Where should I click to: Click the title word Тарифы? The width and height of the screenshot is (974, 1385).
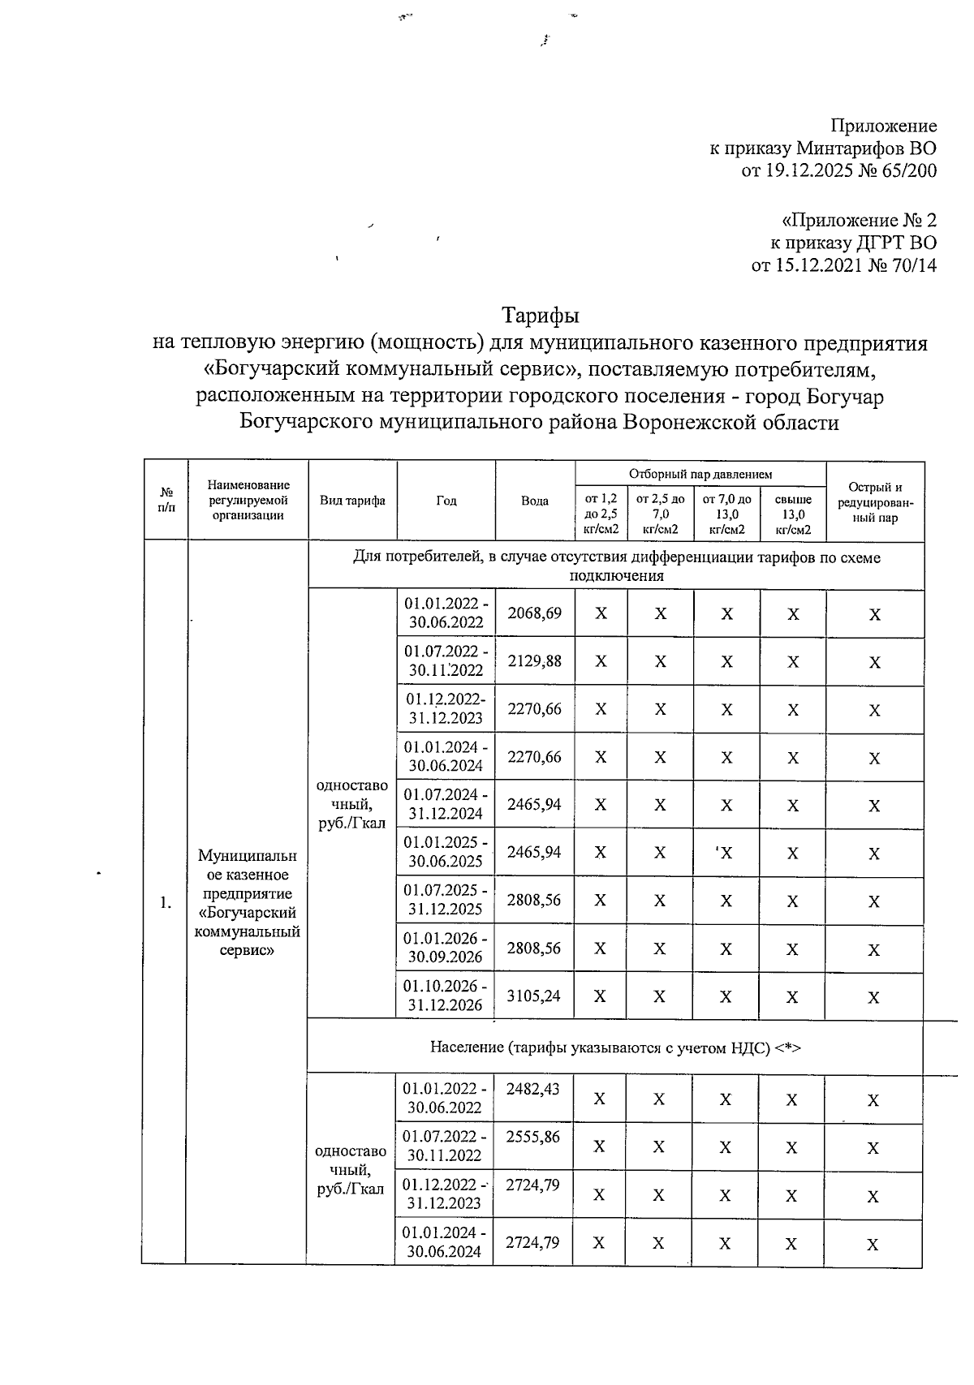pos(540,313)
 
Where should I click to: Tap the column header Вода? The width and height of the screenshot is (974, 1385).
pos(535,501)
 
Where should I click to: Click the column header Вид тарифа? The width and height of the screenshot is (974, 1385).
pos(352,501)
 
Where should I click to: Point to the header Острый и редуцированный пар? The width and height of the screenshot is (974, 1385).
pos(874,501)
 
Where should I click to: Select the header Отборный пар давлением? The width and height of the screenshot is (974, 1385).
pos(700,474)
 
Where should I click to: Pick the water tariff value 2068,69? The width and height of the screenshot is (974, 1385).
pos(534,613)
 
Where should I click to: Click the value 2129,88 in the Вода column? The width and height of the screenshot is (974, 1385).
pos(534,661)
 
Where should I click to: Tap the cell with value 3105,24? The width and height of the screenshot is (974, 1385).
pos(534,996)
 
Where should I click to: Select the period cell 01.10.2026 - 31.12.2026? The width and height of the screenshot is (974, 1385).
pos(446,996)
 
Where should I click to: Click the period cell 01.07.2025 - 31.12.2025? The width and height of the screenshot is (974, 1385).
pos(446,900)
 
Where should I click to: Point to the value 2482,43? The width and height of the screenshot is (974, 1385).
pos(532,1090)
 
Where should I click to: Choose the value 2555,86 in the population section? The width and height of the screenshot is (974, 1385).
pos(532,1138)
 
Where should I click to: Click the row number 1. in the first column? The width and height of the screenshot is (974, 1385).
pos(166,902)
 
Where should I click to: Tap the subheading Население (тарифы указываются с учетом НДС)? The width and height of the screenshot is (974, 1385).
pos(614,1047)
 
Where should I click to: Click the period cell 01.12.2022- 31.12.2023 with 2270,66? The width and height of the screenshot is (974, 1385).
pos(446,708)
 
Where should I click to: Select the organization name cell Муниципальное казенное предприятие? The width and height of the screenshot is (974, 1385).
pos(247,902)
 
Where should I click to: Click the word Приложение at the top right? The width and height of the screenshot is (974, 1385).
pos(883,126)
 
